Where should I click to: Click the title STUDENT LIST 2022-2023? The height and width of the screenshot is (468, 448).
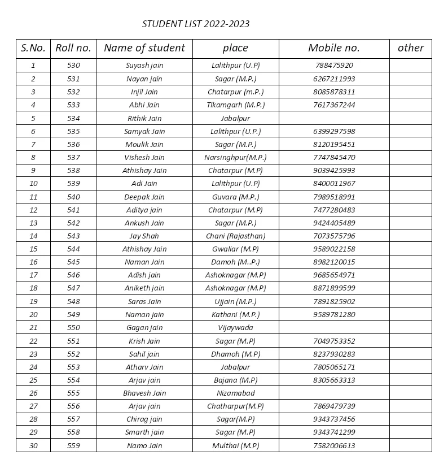click(x=196, y=24)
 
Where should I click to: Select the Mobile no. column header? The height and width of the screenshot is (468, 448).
click(x=333, y=48)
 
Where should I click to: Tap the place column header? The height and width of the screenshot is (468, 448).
click(x=235, y=48)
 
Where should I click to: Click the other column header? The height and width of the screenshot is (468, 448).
click(x=410, y=48)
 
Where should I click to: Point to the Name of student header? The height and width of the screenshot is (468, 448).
click(x=144, y=48)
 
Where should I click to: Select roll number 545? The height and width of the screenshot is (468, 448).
click(x=73, y=262)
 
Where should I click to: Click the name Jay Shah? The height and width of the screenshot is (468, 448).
click(x=144, y=236)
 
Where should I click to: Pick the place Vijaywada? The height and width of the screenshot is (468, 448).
click(x=235, y=328)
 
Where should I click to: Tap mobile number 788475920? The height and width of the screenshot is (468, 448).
click(x=334, y=66)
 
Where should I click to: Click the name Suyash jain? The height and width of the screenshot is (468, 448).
click(x=144, y=66)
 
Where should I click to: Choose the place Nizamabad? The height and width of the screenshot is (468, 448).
click(x=235, y=393)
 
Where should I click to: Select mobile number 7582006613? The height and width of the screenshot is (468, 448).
click(x=334, y=446)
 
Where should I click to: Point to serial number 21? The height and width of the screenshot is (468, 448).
click(x=33, y=328)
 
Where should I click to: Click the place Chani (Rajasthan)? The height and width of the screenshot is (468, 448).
click(x=235, y=236)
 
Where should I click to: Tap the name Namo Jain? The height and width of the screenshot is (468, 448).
click(x=144, y=446)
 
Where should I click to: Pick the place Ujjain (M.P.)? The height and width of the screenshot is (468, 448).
click(x=235, y=302)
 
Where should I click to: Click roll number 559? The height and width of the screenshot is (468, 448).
click(x=73, y=446)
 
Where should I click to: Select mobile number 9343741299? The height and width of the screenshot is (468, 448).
click(x=334, y=432)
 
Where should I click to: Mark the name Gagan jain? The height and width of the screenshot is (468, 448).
click(x=144, y=328)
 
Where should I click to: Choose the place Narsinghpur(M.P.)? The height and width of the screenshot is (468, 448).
click(x=235, y=158)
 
